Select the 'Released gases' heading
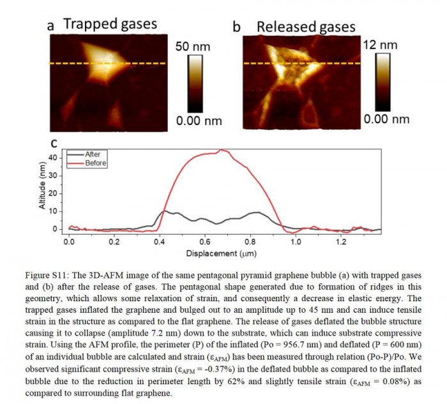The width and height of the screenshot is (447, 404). pyautogui.click(x=305, y=26)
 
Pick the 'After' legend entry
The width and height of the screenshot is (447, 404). pyautogui.click(x=93, y=154)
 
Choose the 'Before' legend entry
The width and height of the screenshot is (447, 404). pyautogui.click(x=96, y=163)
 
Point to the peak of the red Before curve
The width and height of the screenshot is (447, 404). pyautogui.click(x=222, y=150)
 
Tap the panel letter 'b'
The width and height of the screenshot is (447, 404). pyautogui.click(x=236, y=27)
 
